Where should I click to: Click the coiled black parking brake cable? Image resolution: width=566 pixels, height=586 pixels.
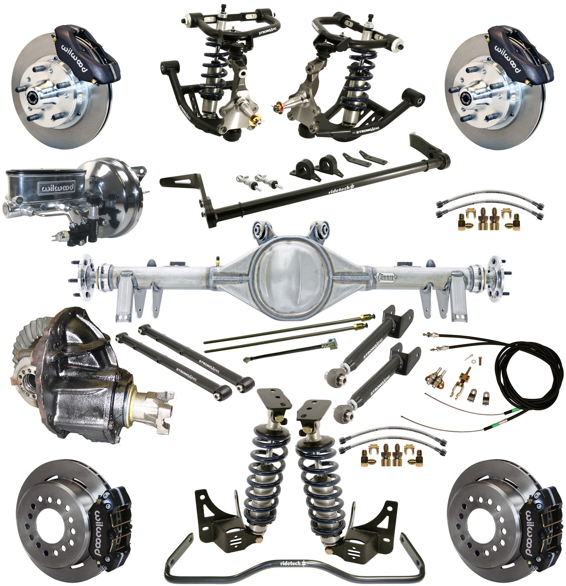(521, 376)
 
